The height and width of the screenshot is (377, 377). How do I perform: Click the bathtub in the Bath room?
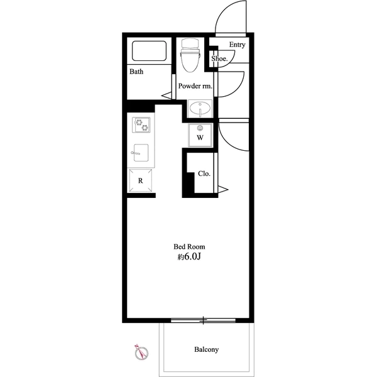click(149, 51)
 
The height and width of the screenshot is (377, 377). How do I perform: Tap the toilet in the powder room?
click(190, 55)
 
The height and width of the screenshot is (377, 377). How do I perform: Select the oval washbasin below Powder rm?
click(200, 109)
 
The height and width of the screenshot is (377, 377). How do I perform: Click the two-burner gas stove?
click(141, 125)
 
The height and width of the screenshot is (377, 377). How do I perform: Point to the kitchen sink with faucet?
click(140, 153)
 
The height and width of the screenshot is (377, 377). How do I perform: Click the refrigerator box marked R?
click(141, 180)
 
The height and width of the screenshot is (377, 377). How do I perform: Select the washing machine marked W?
click(200, 135)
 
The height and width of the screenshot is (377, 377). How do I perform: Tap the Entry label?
click(237, 45)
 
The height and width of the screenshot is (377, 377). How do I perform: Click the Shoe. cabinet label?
click(219, 58)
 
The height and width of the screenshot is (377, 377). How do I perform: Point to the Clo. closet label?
click(204, 173)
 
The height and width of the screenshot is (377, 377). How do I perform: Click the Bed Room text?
click(189, 247)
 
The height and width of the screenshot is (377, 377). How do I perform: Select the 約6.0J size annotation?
click(189, 257)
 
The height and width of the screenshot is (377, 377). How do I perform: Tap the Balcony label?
click(207, 349)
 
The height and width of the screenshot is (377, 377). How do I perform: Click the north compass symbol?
click(141, 353)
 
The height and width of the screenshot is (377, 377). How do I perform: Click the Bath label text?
click(136, 72)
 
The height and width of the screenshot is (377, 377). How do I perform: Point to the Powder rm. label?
click(195, 86)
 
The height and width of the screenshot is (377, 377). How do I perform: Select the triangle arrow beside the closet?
click(223, 190)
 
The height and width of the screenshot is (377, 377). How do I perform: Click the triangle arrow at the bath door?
click(167, 96)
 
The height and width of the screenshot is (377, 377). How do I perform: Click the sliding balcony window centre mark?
click(204, 320)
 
